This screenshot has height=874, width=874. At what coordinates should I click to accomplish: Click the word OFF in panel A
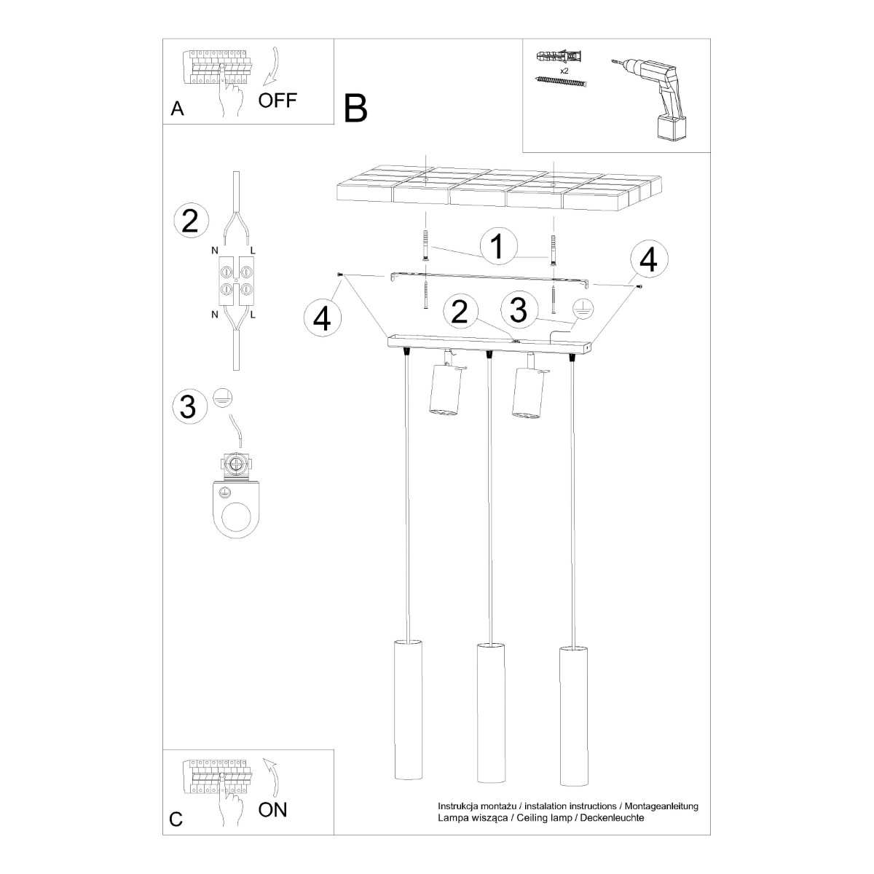[x=277, y=100]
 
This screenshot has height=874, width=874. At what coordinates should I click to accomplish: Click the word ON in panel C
[x=273, y=809]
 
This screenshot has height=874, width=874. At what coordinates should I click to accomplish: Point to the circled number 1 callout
[x=497, y=247]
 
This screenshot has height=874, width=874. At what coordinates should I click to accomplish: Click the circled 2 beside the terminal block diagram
[x=190, y=221]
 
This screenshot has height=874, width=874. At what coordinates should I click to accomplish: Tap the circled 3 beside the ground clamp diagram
[x=189, y=406]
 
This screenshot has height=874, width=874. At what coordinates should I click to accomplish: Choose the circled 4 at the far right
[x=648, y=259]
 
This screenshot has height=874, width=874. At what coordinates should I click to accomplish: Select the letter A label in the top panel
[x=177, y=109]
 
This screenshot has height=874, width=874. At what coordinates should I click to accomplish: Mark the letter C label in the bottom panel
[x=176, y=819]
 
